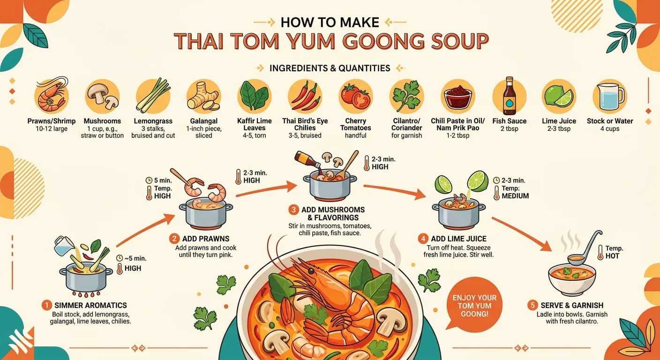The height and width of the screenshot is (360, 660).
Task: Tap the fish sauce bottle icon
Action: pos(509,96)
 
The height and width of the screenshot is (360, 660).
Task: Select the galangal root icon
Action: pos(203,96)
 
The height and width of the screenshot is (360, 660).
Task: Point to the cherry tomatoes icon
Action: pos(355,96)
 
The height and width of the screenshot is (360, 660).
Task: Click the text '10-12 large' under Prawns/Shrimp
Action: pos(51,129)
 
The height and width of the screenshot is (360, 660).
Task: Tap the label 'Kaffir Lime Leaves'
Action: pos(255,124)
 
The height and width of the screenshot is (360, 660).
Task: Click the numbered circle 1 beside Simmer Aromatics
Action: pos(46,305)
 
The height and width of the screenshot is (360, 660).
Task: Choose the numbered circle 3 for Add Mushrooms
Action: pos(294,209)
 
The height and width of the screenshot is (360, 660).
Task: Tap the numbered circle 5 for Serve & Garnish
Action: pos(532,305)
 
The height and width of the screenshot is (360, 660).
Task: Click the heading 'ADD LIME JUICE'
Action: pos(456,239)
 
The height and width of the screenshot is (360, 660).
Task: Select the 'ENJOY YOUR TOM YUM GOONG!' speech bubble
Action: pos(474,305)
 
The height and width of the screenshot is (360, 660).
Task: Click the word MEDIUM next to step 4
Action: pos(515,195)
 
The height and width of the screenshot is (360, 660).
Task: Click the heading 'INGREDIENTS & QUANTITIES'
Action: pos(330,68)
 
